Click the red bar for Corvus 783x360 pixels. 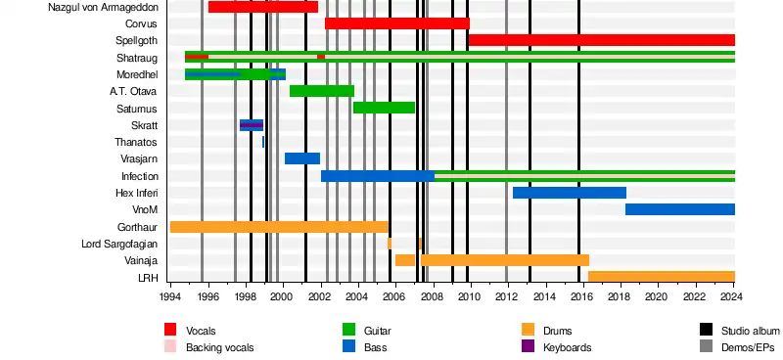point(397,23)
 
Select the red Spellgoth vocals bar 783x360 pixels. point(602,40)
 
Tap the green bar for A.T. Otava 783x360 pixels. point(322,91)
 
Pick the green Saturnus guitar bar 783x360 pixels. point(384,108)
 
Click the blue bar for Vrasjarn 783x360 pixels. point(302,158)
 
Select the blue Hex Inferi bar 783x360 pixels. point(570,193)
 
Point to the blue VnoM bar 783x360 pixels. point(680,209)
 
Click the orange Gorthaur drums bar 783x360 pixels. point(279,227)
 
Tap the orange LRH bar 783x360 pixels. point(662,277)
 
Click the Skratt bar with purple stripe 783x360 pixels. point(252,125)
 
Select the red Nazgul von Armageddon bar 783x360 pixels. point(263,7)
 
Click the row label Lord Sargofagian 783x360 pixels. point(119,245)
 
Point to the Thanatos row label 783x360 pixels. point(136,142)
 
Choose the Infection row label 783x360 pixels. point(140,176)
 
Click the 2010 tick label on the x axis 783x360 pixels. point(470,296)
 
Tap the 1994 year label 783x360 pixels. point(170,296)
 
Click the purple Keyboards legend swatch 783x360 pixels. point(528,346)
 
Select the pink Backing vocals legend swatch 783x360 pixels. point(170,346)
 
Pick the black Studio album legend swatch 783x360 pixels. point(706,330)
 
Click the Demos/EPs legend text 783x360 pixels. point(748,347)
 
